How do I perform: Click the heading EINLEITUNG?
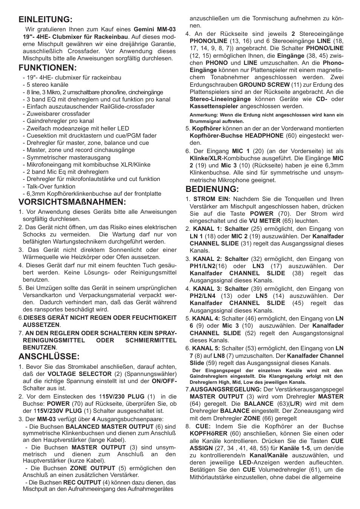(46, 19)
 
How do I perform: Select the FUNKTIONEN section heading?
(48, 68)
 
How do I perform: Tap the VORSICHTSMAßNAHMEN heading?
(72, 202)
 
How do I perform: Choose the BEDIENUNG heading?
(212, 189)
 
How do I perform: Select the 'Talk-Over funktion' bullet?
(51, 187)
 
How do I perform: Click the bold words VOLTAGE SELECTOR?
(79, 374)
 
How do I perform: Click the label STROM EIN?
(211, 199)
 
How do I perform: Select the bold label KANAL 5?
(206, 349)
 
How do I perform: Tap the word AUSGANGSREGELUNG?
(226, 389)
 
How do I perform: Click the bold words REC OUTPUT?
(82, 482)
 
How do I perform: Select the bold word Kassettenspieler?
(214, 106)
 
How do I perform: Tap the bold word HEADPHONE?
(264, 136)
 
